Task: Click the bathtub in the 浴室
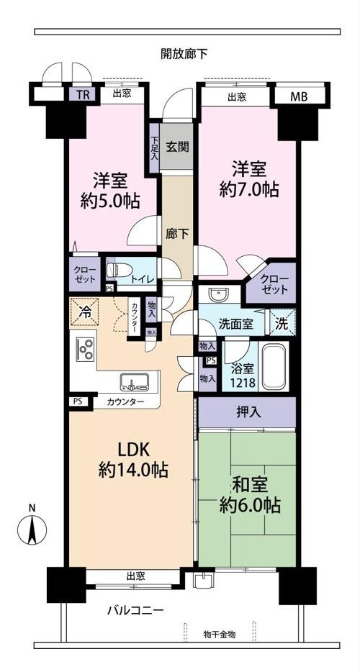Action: coord(275,366)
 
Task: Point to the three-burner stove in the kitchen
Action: coord(84,349)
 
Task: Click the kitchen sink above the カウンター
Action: coord(135,381)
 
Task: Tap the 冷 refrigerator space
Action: coord(84,312)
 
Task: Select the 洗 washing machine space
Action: coord(282,323)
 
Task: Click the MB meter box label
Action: coord(299,96)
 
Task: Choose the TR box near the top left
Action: coord(84,95)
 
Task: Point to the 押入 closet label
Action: coord(248,413)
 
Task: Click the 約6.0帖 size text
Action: coord(250,506)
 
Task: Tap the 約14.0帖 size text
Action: coord(133,471)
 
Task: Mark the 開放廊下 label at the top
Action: coord(184,53)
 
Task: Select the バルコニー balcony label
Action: coord(135,610)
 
